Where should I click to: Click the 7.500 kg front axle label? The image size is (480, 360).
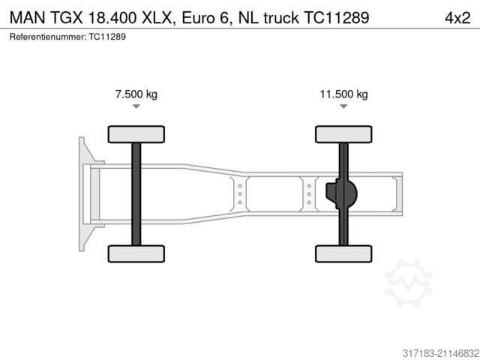click(136, 94)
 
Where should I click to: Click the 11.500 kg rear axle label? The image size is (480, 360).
click(343, 94)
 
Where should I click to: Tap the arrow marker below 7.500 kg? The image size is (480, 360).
click(136, 107)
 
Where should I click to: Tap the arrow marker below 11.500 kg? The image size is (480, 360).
click(343, 107)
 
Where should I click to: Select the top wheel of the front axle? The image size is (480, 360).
click(136, 134)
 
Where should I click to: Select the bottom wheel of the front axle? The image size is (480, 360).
click(136, 253)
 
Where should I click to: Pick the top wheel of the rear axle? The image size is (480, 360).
click(343, 134)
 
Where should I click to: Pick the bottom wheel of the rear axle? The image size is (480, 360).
click(343, 253)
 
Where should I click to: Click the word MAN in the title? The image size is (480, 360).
click(25, 16)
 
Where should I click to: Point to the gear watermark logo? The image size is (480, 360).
click(409, 283)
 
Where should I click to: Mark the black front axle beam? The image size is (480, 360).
click(136, 193)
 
